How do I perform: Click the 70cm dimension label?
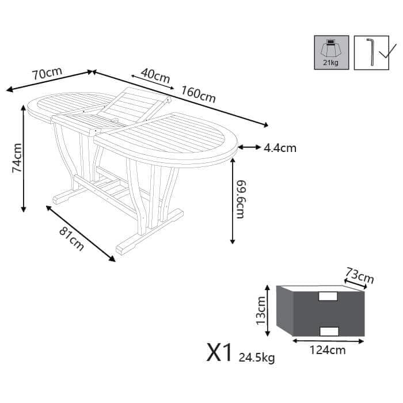47,74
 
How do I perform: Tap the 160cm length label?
199,94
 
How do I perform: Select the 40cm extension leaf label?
155,75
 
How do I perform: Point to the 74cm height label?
17,158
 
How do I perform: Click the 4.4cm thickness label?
280,149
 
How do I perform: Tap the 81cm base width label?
71,239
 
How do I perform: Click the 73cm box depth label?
359,275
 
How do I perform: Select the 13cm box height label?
261,310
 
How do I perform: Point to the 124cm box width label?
328,350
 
